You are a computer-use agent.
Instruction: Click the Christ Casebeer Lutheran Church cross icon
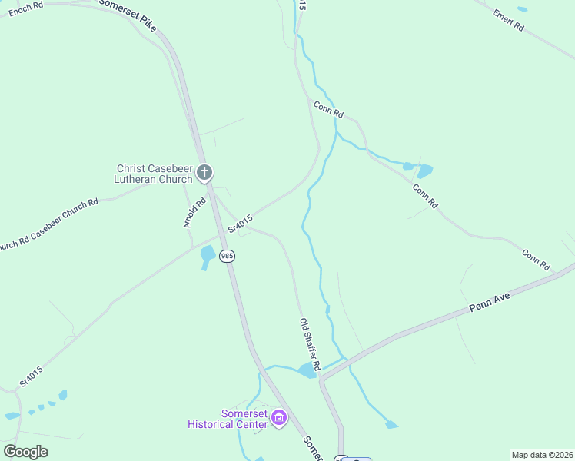coord(204,173)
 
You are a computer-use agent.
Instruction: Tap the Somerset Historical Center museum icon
coord(278,419)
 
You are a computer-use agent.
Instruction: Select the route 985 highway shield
coord(227,255)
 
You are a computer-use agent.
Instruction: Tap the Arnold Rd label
coord(195,213)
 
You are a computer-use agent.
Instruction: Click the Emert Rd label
coord(508,20)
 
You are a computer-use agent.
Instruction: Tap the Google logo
coord(25,452)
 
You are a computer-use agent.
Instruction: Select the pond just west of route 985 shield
coord(207,255)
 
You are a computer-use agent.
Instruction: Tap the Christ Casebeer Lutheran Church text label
coord(153,174)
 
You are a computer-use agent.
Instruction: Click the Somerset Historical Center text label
coord(227,419)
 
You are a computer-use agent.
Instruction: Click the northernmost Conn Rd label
coord(328,109)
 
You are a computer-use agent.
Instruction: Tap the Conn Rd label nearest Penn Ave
coord(537,260)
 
